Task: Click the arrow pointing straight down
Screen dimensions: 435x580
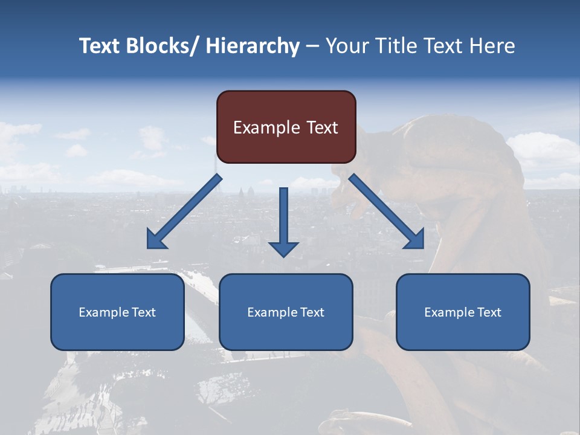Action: point(283,221)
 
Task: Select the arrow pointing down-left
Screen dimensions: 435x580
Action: point(184,211)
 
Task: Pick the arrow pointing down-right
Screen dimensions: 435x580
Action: point(387,211)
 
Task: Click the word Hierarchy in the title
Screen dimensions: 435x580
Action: point(253,46)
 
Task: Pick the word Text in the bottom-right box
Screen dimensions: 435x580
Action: point(489,312)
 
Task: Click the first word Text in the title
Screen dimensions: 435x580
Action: point(100,46)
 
